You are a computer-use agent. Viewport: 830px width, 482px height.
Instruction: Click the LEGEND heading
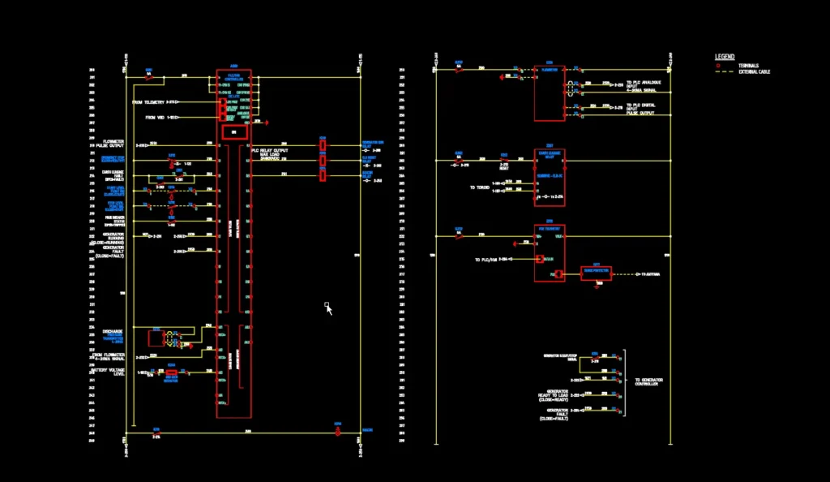[725, 57]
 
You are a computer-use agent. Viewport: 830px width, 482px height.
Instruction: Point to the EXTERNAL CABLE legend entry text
[754, 72]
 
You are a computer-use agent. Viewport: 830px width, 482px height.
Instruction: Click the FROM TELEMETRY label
[149, 102]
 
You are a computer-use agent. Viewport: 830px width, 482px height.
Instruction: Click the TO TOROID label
[479, 187]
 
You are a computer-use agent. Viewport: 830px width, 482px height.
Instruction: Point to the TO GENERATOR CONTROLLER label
[646, 381]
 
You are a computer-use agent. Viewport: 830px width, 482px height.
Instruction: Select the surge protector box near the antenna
[596, 273]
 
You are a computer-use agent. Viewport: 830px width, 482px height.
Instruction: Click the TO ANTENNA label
[650, 274]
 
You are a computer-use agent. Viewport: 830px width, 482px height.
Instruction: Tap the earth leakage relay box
[549, 176]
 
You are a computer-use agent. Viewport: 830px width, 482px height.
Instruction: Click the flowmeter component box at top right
[549, 93]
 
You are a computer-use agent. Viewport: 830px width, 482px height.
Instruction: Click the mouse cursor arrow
[329, 309]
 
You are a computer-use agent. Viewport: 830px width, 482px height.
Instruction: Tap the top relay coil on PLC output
[323, 147]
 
